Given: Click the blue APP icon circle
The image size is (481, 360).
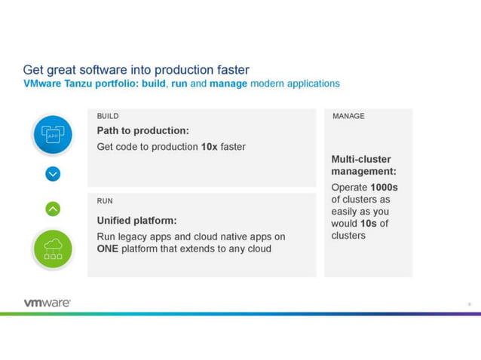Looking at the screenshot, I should [x=53, y=136].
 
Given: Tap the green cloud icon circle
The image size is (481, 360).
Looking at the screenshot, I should [x=53, y=249].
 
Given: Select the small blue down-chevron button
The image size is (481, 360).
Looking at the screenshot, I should [x=53, y=174].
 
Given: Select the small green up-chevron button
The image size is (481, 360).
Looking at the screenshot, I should [x=53, y=209].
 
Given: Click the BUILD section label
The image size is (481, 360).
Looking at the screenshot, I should [x=108, y=117].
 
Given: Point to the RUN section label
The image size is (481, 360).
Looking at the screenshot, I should [x=105, y=201].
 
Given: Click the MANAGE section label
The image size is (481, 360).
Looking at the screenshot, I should [x=348, y=117].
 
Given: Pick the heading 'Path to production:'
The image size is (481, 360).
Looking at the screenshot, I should [x=142, y=131].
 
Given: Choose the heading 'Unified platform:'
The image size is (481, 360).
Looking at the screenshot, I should [x=136, y=221].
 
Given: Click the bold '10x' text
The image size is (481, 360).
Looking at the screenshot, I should [x=209, y=147].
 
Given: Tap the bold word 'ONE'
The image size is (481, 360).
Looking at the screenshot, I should [x=108, y=249].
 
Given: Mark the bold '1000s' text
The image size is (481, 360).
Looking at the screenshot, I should [x=384, y=188].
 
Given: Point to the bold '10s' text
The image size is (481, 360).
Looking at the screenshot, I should [x=367, y=224].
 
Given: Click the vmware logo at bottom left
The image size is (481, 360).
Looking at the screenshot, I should [x=47, y=303].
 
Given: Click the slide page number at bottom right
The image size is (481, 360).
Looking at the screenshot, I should [x=468, y=304].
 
